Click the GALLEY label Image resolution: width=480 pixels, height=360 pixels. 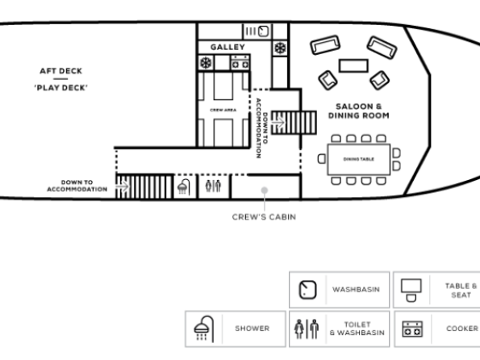227,47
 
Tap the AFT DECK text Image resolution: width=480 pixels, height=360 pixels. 61,71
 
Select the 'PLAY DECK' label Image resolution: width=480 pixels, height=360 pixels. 61,88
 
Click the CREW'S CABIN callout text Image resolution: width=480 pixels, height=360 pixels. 264,217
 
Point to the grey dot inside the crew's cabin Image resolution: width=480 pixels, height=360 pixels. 265,190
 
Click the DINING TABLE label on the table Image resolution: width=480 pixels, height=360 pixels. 359,159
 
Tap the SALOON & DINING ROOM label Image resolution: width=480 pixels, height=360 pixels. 359,111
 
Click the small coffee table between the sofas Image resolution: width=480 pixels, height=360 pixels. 353,66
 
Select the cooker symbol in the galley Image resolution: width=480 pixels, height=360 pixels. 240,62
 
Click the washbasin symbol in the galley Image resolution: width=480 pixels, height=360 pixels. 263,31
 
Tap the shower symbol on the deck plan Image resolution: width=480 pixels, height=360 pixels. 184,186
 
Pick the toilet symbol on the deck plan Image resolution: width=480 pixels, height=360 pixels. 213,186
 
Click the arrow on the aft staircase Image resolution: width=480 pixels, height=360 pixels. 123,186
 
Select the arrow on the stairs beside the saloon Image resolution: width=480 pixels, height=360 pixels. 278,123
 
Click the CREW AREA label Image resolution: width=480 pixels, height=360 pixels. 223,110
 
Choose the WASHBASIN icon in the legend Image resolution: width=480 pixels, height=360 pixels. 307,290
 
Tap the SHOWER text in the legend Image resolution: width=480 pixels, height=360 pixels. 253,329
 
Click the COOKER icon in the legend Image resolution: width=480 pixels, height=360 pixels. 412,329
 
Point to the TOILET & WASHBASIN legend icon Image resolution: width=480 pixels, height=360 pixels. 307,329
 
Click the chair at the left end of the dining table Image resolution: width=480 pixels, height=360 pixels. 321,159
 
